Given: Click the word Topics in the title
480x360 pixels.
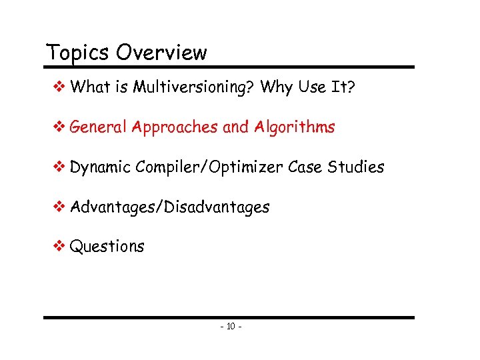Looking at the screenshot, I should pos(71,53).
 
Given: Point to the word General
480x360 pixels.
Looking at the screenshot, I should pos(98,127).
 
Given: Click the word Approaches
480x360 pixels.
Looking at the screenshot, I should pos(175,127).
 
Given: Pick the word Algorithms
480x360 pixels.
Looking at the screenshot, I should pos(294,127).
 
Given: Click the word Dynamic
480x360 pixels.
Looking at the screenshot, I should pos(100,167).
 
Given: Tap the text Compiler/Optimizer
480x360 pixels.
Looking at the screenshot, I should pos(209,167).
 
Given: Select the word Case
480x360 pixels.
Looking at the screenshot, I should pos(305,167).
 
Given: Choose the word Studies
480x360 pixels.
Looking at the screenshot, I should pos(356,167).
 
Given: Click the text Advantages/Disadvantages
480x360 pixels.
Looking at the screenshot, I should pos(170,207).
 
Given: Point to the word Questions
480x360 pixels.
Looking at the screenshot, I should pos(107,247).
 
